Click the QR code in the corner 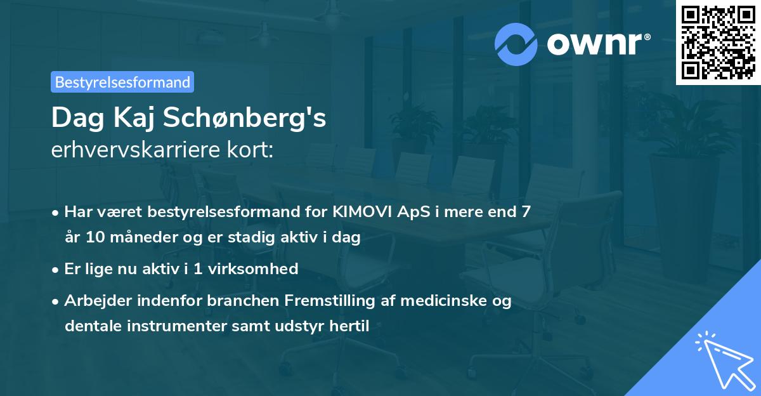click(718, 42)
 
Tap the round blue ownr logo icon click(516, 44)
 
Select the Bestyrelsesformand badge click(122, 82)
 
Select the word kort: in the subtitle click(252, 150)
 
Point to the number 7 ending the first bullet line click(526, 212)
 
